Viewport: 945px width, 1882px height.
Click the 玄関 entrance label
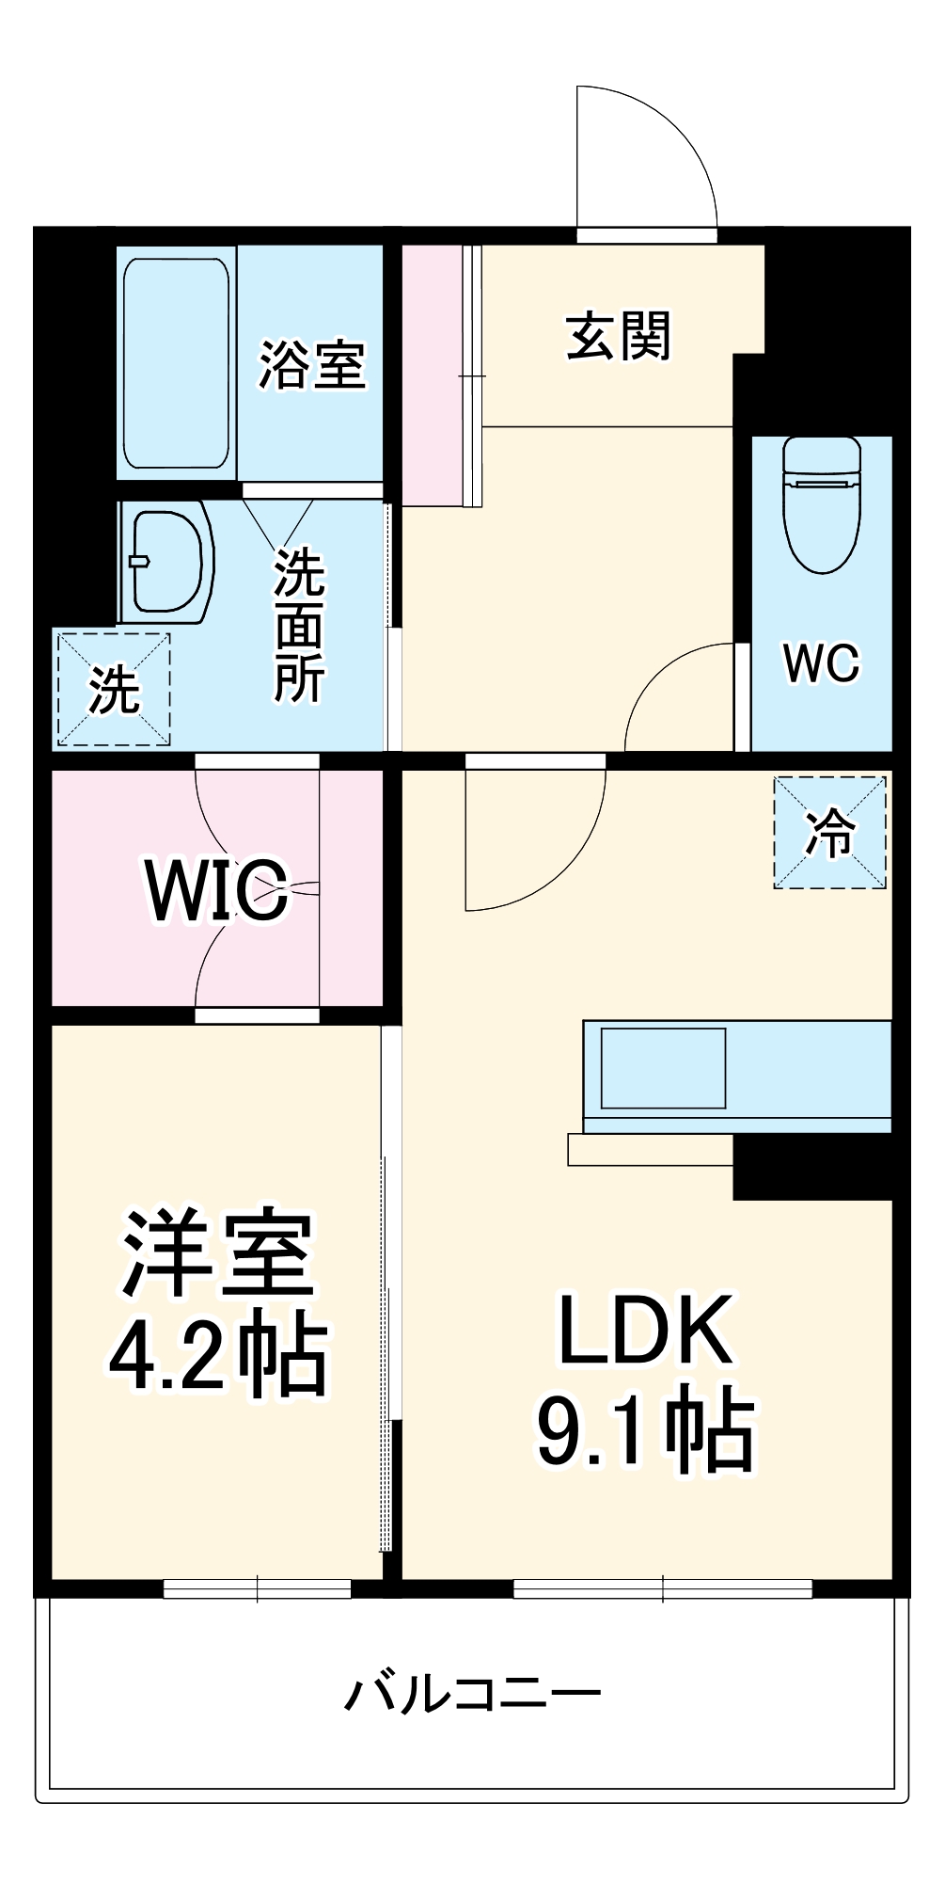point(619,337)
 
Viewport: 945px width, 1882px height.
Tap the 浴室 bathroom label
point(312,365)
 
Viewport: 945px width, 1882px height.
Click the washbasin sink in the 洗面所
point(166,563)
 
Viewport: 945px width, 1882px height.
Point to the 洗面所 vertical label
point(299,626)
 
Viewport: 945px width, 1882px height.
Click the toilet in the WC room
point(821,503)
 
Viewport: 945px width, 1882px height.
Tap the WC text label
point(821,663)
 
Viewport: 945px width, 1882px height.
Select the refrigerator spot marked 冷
point(829,833)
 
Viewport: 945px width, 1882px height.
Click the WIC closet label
point(216,889)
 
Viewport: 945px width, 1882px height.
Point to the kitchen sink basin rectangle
point(663,1068)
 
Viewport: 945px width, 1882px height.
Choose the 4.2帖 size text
point(217,1355)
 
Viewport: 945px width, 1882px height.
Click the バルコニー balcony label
point(472,1694)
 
